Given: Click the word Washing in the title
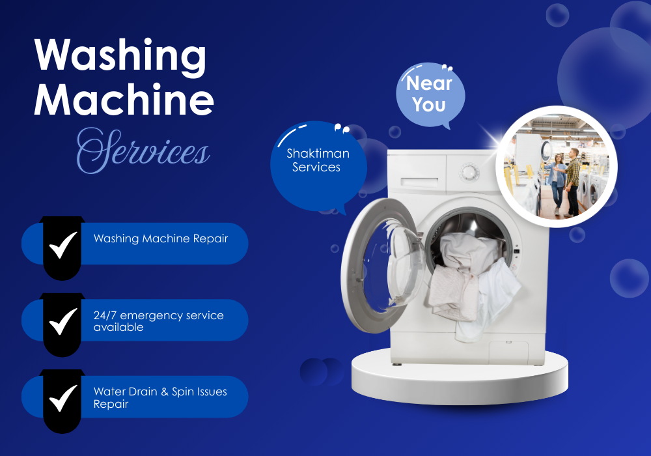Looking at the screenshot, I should point(120,57).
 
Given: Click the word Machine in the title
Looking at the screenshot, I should point(124,100).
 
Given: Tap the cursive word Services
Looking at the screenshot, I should point(143,150).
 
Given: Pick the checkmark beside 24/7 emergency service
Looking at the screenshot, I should point(63,321).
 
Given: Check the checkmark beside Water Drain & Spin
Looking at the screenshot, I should point(63,397).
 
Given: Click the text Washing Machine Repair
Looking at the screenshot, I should point(161,238).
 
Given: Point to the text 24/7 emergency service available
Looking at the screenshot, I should point(158,321).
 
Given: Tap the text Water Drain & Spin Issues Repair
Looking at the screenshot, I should point(160,397).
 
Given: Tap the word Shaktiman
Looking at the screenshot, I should point(318,154).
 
